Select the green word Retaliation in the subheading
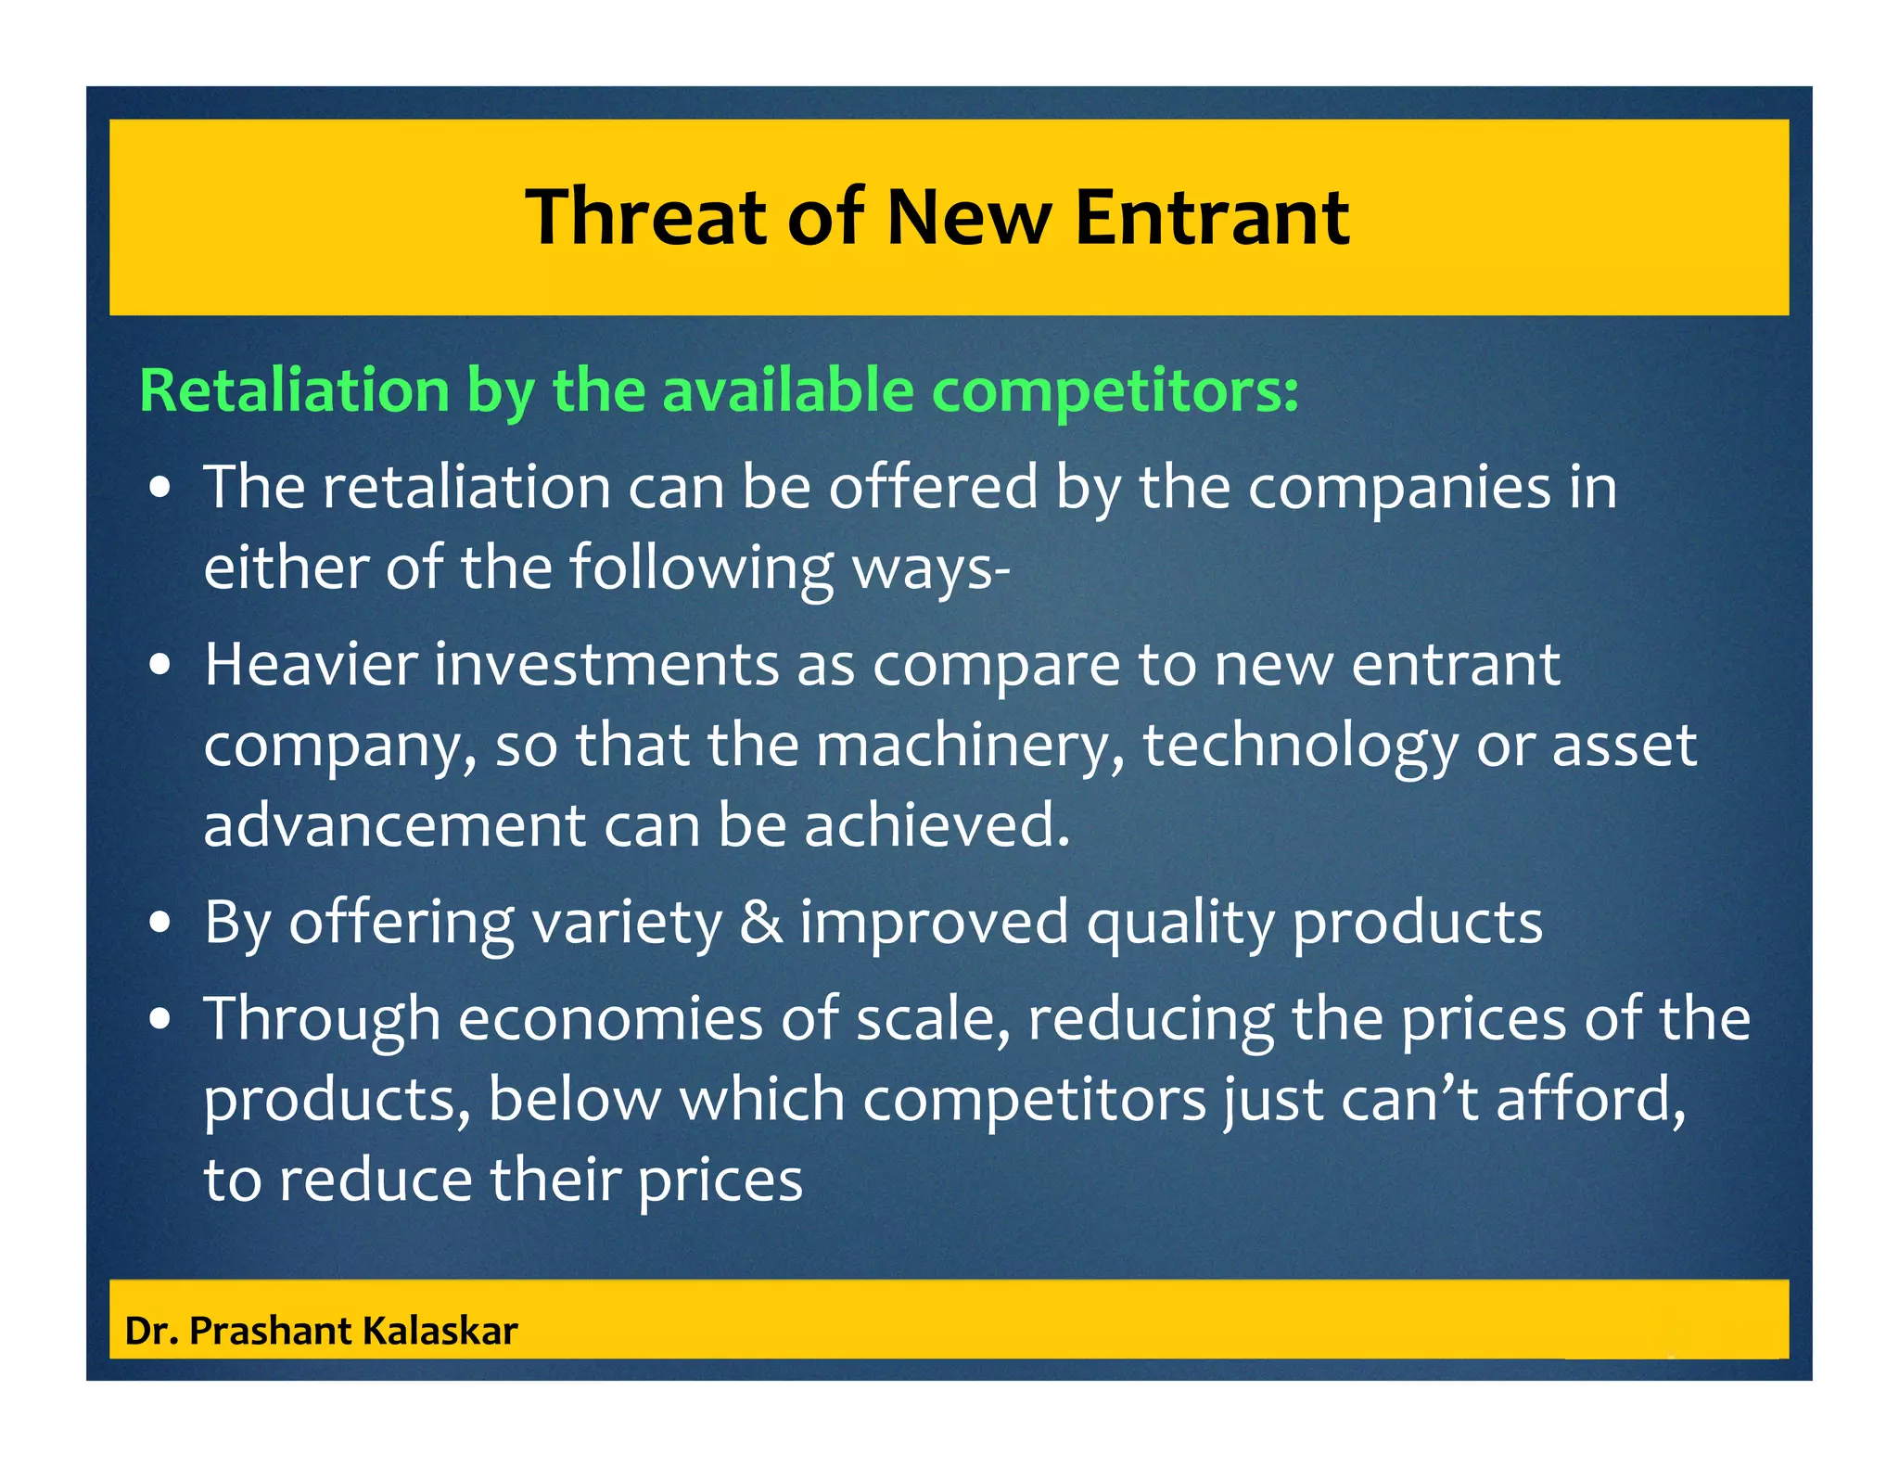[x=294, y=390]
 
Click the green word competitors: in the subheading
[x=1115, y=390]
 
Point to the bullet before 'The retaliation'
[x=161, y=488]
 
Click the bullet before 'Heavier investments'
[x=161, y=666]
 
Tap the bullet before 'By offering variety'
[x=161, y=923]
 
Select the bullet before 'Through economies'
[x=161, y=1019]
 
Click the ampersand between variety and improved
[x=760, y=923]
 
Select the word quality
[x=1180, y=925]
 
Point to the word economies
[x=610, y=1019]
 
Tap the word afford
[x=1590, y=1099]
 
